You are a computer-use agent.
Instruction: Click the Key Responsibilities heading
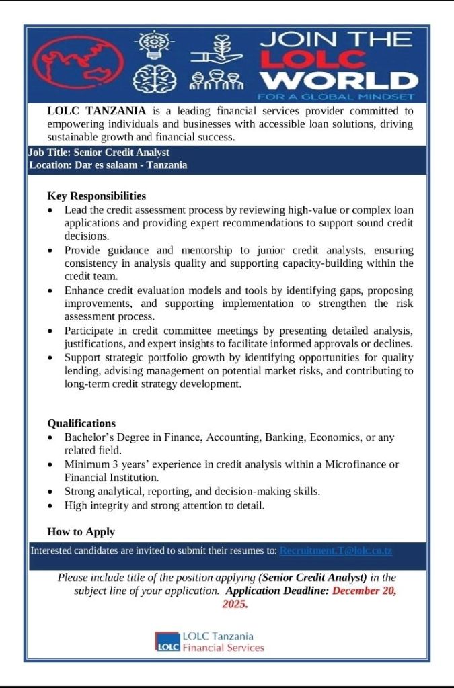click(x=96, y=196)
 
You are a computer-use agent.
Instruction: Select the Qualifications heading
click(x=81, y=423)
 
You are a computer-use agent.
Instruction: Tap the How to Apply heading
click(x=81, y=532)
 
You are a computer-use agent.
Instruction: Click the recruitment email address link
click(x=336, y=551)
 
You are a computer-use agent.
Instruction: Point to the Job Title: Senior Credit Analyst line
click(x=99, y=153)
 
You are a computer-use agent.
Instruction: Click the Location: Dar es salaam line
click(x=108, y=165)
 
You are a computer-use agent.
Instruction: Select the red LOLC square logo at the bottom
click(x=167, y=642)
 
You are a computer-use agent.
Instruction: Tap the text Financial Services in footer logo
click(x=223, y=648)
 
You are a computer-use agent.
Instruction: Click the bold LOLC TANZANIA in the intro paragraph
click(x=97, y=111)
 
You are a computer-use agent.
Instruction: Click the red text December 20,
click(x=364, y=591)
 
